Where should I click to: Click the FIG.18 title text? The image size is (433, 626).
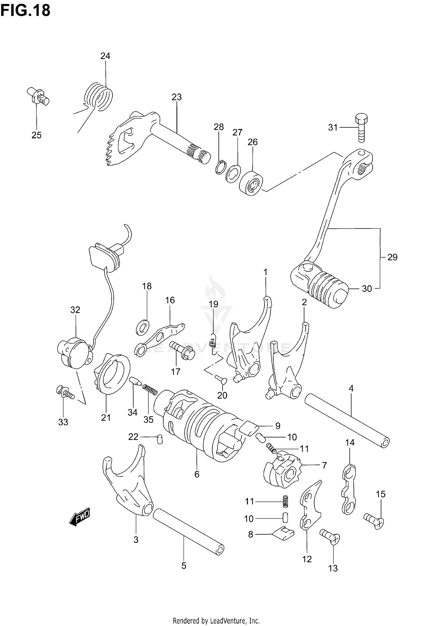(25, 10)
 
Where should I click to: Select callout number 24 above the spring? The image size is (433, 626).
(105, 56)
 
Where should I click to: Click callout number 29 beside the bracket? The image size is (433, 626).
(392, 257)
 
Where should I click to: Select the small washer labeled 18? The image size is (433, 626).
(143, 327)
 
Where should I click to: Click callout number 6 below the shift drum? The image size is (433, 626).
(197, 474)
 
